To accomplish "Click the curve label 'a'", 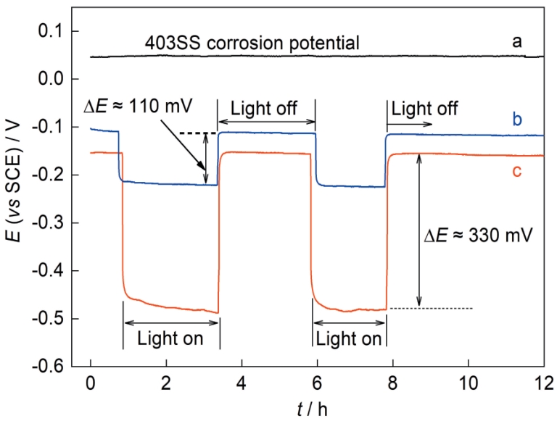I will coord(517,41).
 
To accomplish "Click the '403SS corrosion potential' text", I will coord(251,44).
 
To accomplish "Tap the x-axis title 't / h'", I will coord(316,407).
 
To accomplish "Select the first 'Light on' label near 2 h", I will coord(170,340).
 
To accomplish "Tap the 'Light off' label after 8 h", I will coord(419,107).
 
